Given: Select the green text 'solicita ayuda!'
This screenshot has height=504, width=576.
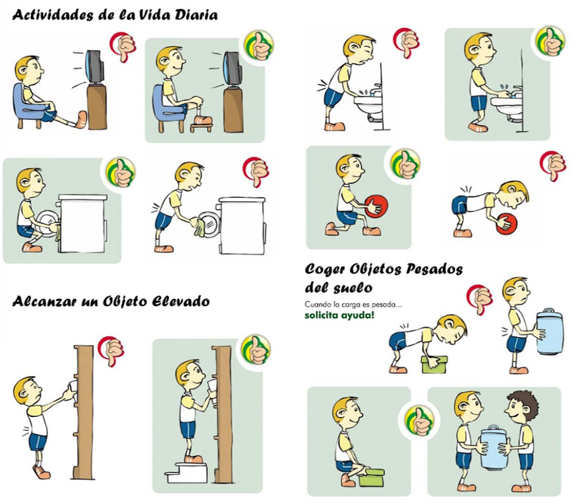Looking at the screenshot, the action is coord(339,315).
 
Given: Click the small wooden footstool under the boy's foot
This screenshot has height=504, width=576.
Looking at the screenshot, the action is coord(201,126).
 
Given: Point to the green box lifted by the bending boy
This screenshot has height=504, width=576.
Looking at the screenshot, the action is coord(434,364).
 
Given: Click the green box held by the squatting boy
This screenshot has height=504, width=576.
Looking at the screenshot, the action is coord(372,477).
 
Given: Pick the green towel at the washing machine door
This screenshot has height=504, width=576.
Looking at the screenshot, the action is coord(199,227).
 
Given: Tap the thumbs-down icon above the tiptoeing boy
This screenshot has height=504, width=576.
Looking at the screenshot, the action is coord(111,350).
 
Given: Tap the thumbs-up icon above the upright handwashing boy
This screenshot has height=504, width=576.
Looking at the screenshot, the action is coord(550,42).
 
